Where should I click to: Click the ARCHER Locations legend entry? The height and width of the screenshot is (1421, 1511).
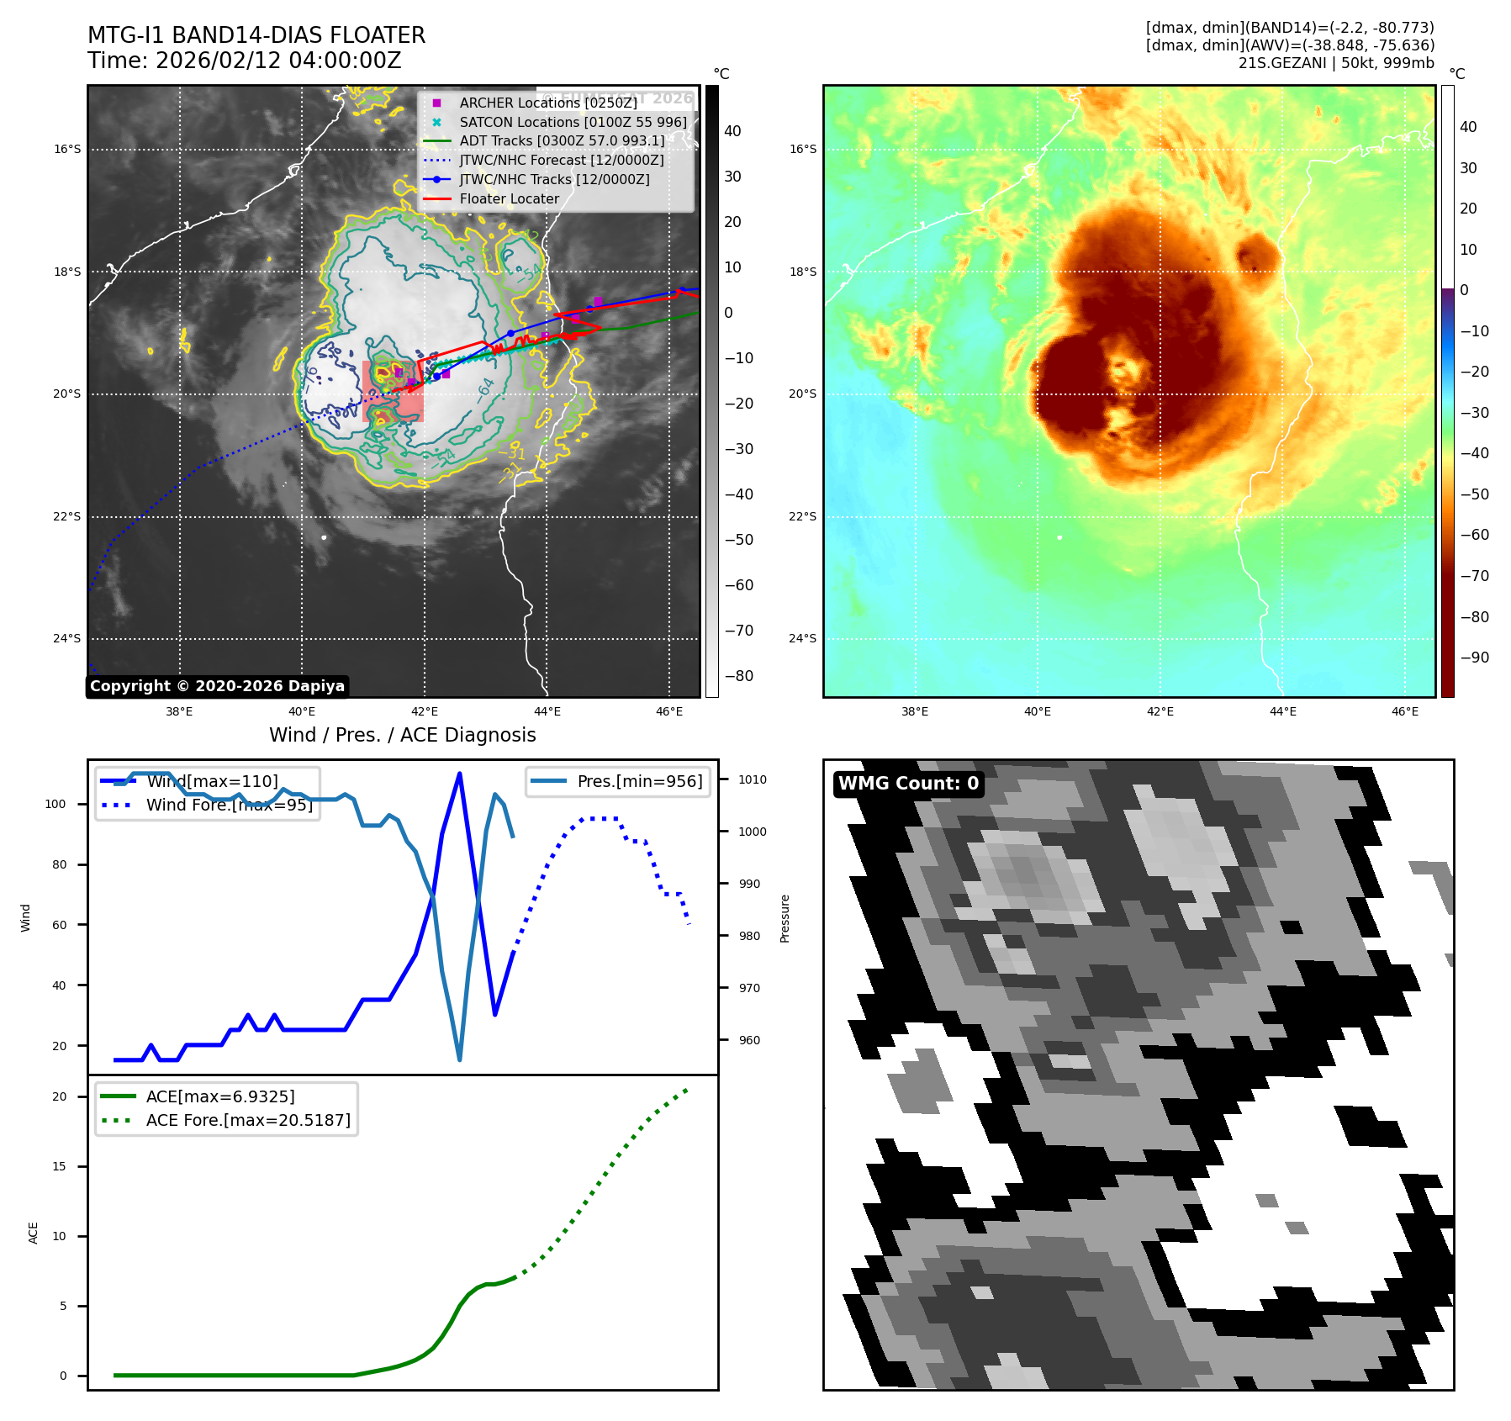pos(547,103)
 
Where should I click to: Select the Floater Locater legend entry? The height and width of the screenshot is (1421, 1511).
pos(509,199)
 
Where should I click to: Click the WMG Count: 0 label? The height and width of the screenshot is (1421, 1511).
pos(908,784)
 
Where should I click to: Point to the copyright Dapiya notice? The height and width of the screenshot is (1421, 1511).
pos(217,686)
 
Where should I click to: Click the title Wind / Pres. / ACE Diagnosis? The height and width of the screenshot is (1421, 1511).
pos(402,735)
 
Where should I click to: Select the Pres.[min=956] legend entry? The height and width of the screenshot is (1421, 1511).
pos(639,781)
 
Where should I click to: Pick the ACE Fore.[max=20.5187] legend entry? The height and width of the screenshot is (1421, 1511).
pos(248,1120)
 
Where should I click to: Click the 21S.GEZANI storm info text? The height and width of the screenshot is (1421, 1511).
pos(1335,63)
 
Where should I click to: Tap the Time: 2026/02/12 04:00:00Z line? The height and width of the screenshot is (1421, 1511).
pos(244,61)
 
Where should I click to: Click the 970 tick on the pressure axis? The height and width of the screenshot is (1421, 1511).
pos(748,988)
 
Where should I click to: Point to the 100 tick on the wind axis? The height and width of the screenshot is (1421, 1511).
pos(55,804)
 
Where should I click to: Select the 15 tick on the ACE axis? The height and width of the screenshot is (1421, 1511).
pos(59,1166)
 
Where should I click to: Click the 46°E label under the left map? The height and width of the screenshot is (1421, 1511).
pos(669,711)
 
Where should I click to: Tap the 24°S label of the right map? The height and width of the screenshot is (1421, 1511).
pos(802,638)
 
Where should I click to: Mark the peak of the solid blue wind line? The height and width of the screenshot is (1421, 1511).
pos(459,774)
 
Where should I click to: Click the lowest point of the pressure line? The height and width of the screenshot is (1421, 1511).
pos(459,1059)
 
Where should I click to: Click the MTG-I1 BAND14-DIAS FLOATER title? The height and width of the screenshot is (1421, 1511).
pos(256,35)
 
